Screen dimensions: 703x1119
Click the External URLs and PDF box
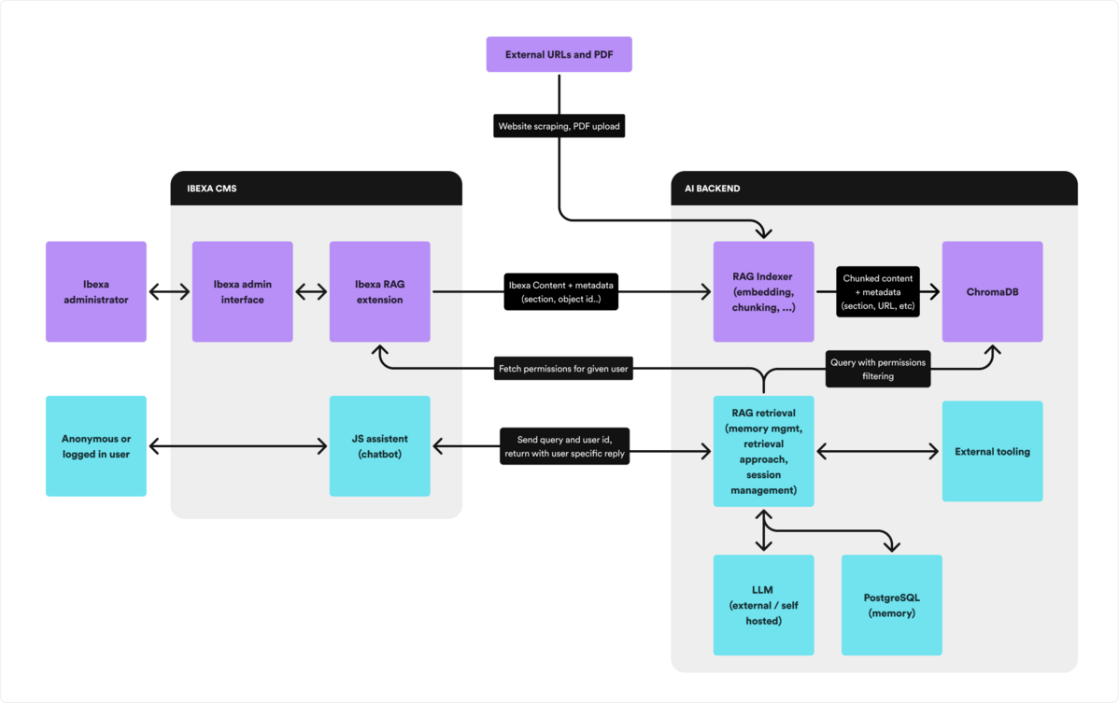[x=559, y=54]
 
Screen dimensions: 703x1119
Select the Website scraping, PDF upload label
[x=559, y=126]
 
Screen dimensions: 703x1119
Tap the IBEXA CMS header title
[x=212, y=189]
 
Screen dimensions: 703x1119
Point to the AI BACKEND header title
[x=706, y=189]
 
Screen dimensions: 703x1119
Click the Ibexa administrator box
[x=96, y=291]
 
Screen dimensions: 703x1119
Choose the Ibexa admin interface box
[x=242, y=291]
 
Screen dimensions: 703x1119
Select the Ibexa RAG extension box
[x=379, y=291]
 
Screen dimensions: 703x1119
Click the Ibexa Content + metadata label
[x=560, y=291]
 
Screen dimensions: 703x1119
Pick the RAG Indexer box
[x=763, y=291]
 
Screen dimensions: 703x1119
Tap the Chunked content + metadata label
[x=878, y=291]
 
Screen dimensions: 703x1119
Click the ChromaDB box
[x=992, y=291]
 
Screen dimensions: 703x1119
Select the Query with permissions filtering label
[x=878, y=369]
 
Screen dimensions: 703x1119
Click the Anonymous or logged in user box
[x=96, y=446]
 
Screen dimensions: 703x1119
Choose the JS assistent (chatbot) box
[x=379, y=446]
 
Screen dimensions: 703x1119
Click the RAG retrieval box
[x=763, y=451]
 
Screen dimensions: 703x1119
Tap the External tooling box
[x=992, y=451]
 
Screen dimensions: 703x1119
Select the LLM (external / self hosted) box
[x=763, y=605]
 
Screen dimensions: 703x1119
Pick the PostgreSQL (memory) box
[x=891, y=605]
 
